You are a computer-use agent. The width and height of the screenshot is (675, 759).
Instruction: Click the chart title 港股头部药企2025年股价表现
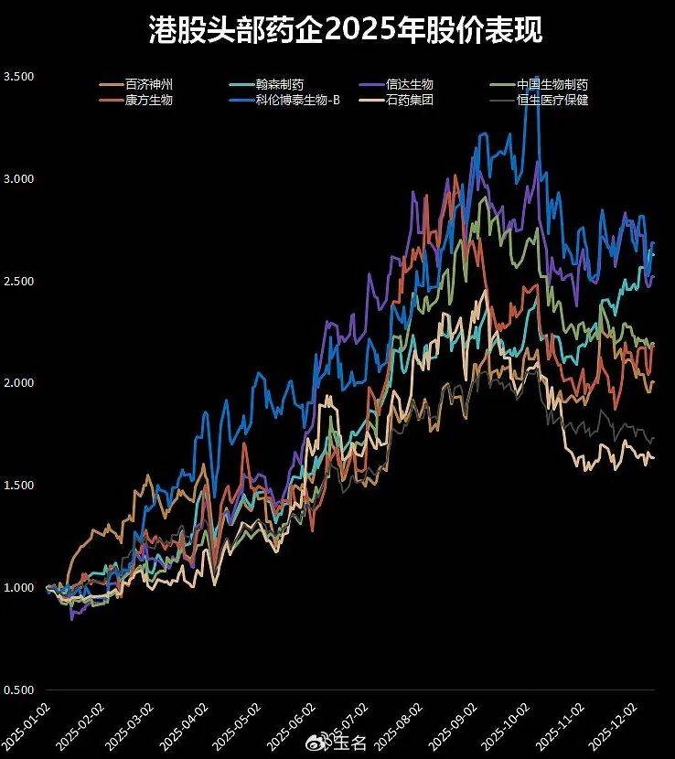(346, 30)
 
